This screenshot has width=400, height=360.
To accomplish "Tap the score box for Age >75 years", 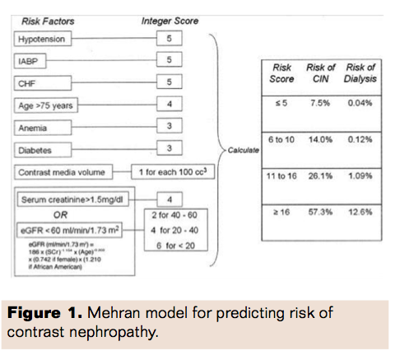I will pos(170,105).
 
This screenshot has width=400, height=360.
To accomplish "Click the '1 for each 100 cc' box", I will pos(172,173).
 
